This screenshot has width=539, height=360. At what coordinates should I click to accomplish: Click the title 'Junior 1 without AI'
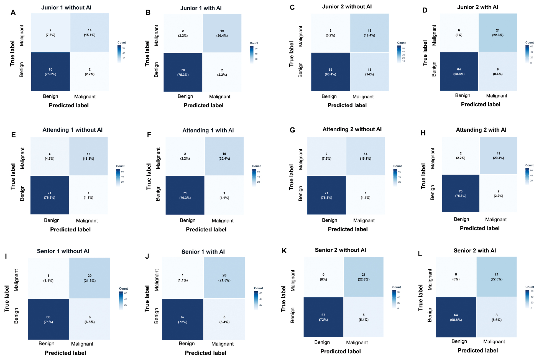point(66,7)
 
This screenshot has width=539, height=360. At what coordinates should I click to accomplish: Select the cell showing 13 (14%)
point(369,72)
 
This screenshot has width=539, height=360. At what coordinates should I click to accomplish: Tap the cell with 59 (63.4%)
point(330,72)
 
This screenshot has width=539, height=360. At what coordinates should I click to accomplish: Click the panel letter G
point(292,130)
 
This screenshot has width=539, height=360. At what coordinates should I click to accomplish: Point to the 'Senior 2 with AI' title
point(474,251)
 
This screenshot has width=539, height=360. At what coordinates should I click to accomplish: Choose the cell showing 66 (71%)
point(48,319)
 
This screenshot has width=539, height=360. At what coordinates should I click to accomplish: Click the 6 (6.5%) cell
point(90,319)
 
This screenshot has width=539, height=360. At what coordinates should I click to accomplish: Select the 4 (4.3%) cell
point(50,156)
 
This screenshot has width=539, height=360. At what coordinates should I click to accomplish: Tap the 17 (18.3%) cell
point(88,156)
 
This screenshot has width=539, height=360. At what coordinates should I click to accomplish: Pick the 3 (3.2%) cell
point(330,33)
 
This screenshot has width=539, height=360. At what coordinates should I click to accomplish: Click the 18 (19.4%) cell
point(369,33)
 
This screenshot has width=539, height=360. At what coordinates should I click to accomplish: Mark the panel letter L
point(420,254)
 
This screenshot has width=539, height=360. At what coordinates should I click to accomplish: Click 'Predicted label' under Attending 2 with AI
point(479,228)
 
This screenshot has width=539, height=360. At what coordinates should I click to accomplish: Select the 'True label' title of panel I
point(7,299)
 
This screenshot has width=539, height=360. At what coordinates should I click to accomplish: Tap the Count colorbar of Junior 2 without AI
point(399,54)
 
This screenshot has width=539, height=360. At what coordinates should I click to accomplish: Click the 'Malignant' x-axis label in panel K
point(357,343)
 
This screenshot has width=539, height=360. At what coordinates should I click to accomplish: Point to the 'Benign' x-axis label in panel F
point(188,220)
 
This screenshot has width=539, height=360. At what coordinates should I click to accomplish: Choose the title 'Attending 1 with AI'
point(208,130)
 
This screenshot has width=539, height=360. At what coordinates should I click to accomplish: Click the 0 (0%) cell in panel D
point(459,33)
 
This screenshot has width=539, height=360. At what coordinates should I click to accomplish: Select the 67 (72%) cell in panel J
point(183,319)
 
